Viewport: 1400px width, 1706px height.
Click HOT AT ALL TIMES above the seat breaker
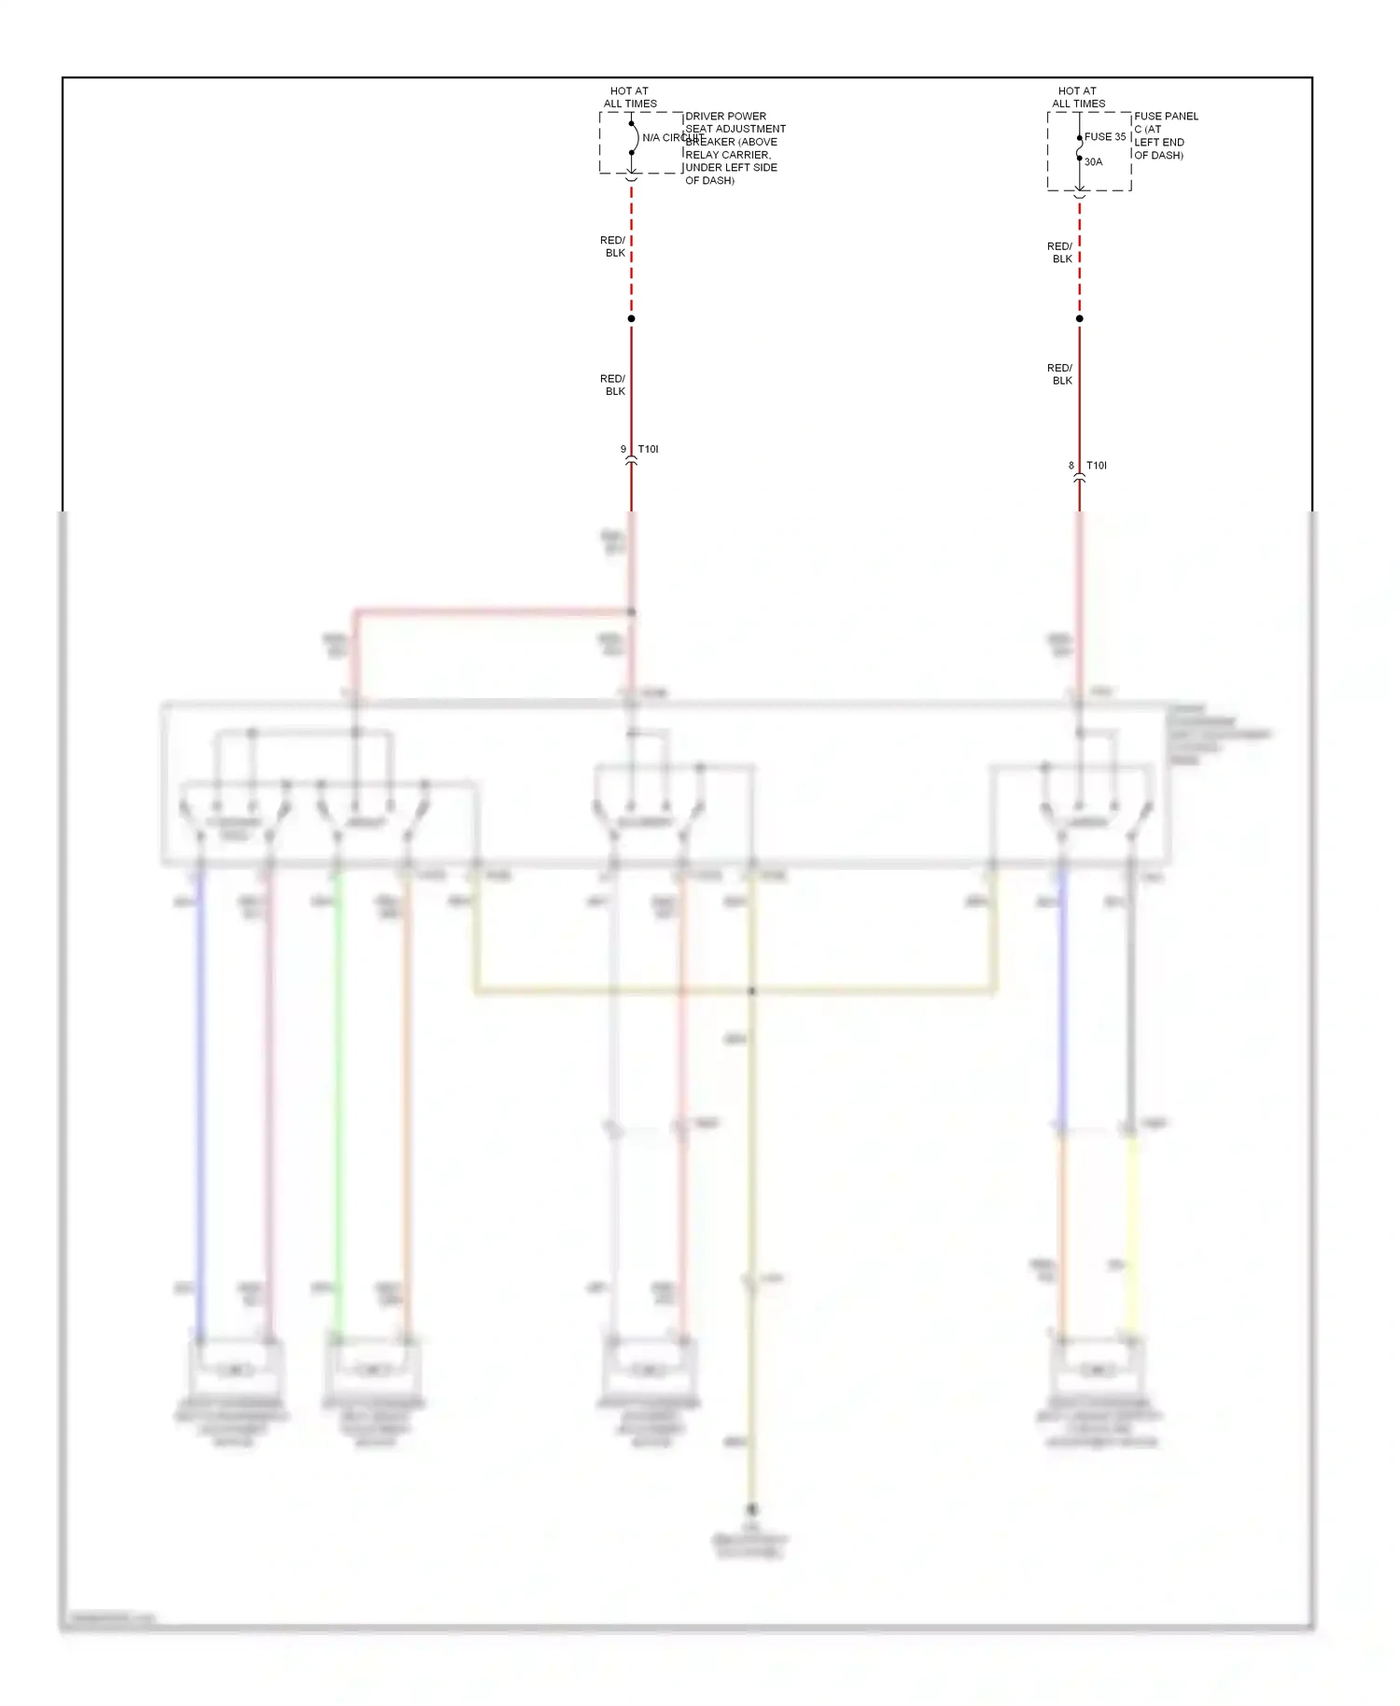coord(629,97)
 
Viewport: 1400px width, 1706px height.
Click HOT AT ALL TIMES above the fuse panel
coord(1078,97)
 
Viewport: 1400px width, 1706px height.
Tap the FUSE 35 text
coord(1105,136)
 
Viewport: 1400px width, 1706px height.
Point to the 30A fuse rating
coord(1093,161)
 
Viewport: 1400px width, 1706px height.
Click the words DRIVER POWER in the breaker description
coord(725,116)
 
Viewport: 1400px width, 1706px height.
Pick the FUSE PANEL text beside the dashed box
coord(1166,116)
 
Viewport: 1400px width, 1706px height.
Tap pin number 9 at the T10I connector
coord(623,449)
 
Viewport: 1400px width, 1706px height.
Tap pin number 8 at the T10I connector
coord(1071,465)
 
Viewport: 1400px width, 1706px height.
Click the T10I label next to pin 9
coord(648,449)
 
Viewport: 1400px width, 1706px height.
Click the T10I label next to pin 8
coord(1097,465)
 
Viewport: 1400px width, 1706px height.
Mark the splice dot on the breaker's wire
coord(631,318)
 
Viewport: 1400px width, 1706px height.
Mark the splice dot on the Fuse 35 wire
coord(1080,318)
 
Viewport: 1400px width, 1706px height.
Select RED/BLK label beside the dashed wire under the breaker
coord(613,246)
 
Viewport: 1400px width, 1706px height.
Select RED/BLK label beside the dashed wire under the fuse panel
coord(1060,252)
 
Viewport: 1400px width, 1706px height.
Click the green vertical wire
coord(338,1101)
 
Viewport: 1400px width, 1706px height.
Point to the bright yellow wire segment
coord(1131,1232)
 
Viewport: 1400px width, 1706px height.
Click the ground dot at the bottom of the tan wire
coord(751,1509)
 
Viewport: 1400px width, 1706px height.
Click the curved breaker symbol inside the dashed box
coord(634,137)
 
